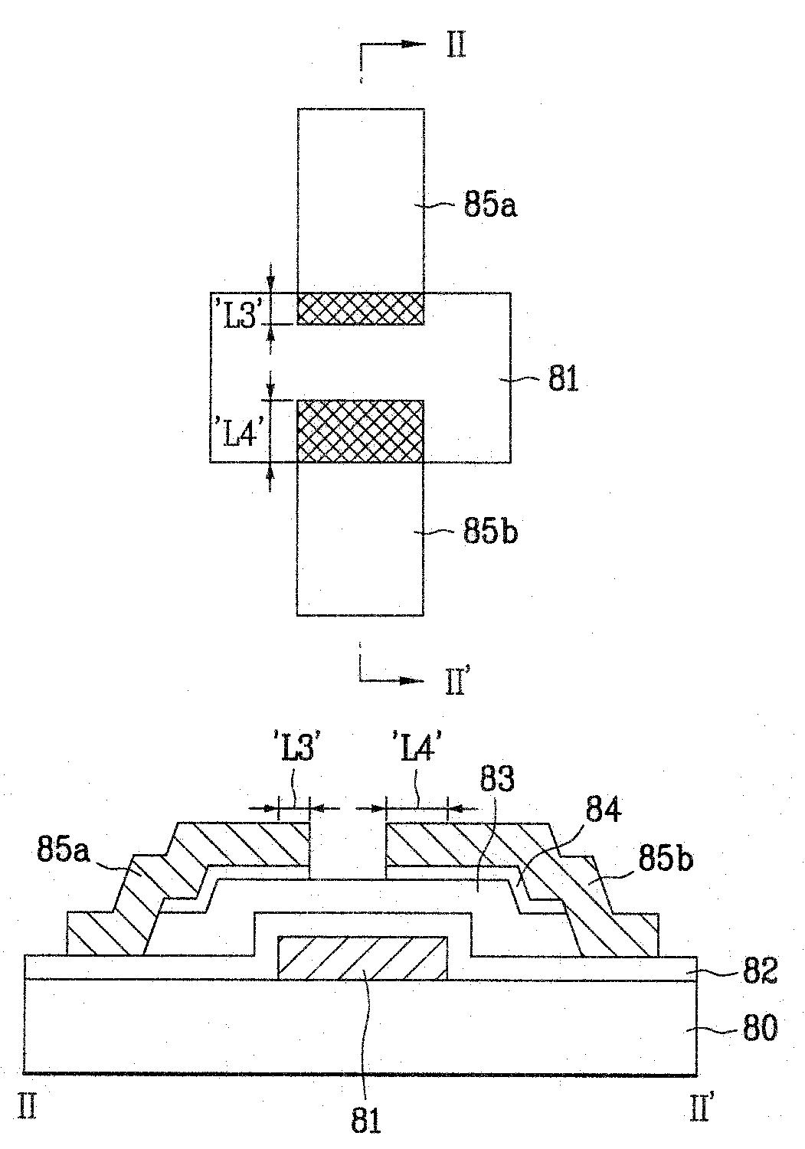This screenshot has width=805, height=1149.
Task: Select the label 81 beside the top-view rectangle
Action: coord(563,378)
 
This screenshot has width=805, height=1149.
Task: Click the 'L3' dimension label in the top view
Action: coord(240,319)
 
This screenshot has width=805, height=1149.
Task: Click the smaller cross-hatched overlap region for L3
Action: coord(360,308)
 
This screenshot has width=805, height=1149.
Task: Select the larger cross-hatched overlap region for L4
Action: coord(360,430)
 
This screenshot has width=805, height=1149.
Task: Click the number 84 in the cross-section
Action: coord(604,810)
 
